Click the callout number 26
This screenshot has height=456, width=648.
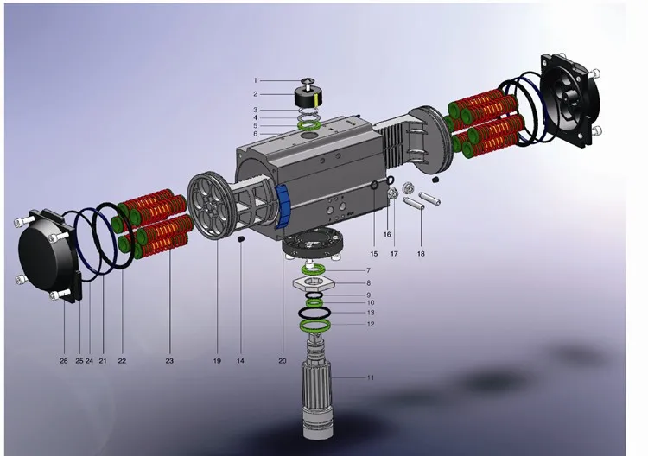click(64, 361)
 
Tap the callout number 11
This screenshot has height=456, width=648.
click(371, 377)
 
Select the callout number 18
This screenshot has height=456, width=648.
click(421, 254)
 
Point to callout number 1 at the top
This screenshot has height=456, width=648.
click(256, 80)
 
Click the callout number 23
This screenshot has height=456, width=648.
click(169, 361)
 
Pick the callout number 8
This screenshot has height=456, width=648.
click(369, 283)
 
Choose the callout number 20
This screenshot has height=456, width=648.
click(283, 361)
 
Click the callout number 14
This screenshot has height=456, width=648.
click(240, 361)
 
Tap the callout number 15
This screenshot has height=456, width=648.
click(374, 254)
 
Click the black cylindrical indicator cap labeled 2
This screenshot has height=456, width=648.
click(307, 98)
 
